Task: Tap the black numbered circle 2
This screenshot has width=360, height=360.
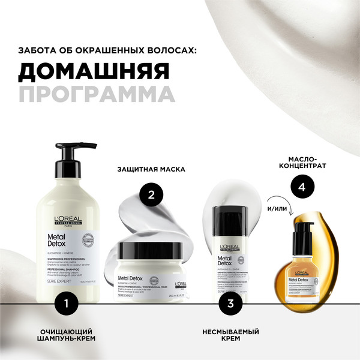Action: (152, 195)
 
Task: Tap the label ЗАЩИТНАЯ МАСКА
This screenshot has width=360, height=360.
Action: (151, 169)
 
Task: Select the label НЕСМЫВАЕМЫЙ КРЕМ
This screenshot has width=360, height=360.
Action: (230, 335)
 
